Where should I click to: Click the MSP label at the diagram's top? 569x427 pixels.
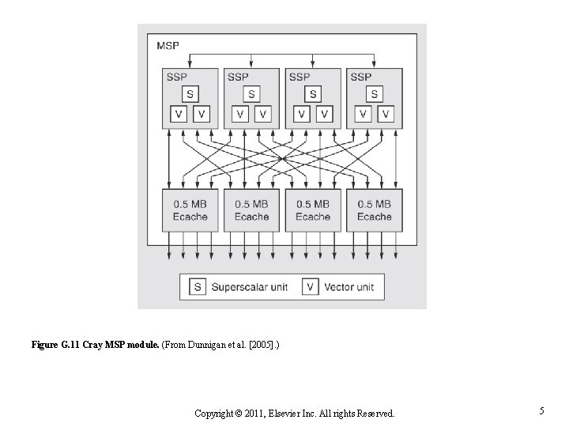168,46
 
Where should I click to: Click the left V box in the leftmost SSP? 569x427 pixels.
178,115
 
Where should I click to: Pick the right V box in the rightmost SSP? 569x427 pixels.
386,115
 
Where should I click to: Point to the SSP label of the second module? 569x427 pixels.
237,77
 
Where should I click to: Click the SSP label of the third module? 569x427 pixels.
299,77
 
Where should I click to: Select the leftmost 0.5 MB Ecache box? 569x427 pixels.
190,210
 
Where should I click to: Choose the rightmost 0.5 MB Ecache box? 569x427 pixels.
374,210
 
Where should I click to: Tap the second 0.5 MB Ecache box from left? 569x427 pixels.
251,210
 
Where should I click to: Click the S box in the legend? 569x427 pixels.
198,287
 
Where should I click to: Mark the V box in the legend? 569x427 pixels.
311,287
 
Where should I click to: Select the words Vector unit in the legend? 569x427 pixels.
349,287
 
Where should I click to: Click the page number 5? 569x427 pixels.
541,411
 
